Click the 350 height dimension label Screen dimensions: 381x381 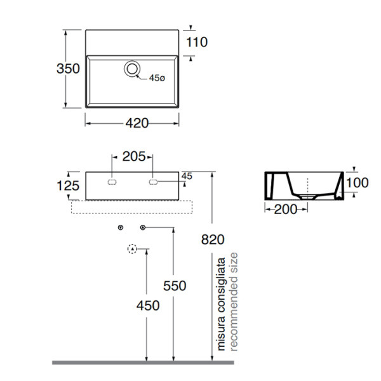tap(68, 69)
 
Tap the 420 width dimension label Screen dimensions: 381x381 tap(137, 123)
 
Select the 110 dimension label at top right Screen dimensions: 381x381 tap(197, 42)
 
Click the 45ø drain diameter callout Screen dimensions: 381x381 tap(157, 78)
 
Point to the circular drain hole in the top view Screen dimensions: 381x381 tap(132, 69)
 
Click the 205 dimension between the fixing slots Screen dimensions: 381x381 tap(134, 156)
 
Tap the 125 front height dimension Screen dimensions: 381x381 tap(68, 186)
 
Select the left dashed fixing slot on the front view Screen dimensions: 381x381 tap(112, 182)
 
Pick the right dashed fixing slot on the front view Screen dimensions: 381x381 tap(153, 182)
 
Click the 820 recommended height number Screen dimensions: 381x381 tap(213, 239)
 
